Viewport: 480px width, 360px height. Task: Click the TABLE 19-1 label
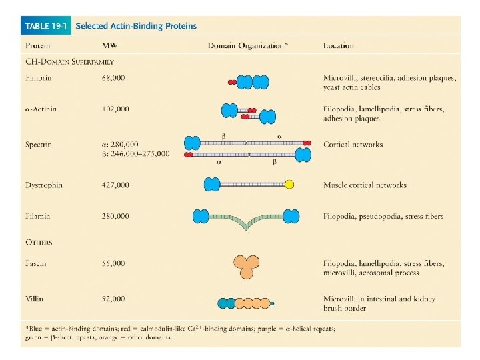(x=47, y=26)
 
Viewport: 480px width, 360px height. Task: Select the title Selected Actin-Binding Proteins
(x=136, y=26)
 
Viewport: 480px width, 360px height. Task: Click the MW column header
(x=111, y=46)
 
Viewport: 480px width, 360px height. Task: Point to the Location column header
(x=339, y=46)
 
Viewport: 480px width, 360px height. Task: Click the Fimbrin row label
(x=38, y=78)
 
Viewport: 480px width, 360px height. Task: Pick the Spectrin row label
(x=39, y=144)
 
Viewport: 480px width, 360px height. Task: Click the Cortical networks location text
(x=353, y=144)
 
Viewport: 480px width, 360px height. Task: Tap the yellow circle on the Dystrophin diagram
(x=289, y=185)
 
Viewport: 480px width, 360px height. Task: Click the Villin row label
(x=35, y=299)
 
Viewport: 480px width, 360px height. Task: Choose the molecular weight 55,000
(x=113, y=263)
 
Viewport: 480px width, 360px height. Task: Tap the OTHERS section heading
(x=39, y=242)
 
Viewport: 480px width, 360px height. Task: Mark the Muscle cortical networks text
(x=365, y=185)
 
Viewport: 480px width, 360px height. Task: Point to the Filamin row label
(x=37, y=216)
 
